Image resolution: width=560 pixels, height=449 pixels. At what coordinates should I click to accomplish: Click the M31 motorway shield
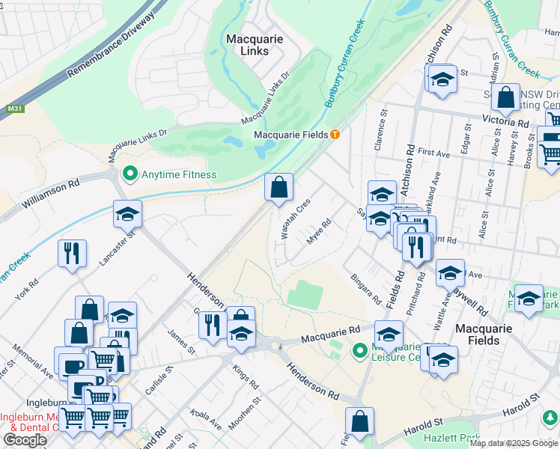click(13, 109)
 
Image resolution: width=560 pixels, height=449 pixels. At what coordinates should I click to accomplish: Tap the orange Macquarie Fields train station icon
click(335, 134)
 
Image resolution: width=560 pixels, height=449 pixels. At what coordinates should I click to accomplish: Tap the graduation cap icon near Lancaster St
click(127, 215)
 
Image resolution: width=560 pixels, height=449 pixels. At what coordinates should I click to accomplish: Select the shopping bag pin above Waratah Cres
click(279, 188)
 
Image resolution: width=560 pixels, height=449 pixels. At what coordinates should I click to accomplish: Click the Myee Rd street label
click(319, 233)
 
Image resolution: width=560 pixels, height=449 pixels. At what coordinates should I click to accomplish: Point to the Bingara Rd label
click(366, 288)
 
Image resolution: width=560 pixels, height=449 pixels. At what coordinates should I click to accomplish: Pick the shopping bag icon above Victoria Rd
click(506, 97)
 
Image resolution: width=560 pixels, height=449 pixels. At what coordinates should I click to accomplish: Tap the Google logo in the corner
click(25, 440)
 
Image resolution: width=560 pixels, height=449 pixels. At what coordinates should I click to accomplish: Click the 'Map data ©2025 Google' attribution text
click(514, 444)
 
